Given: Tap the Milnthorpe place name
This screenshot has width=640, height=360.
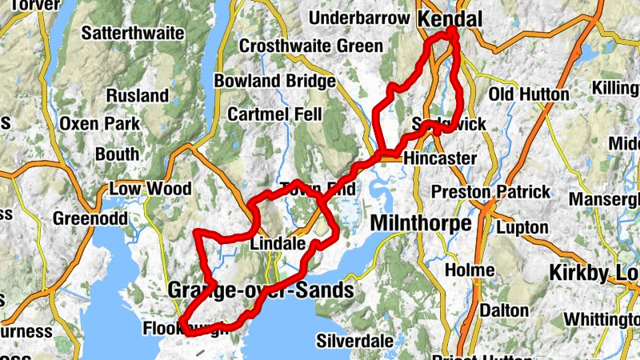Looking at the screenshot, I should point(421,223).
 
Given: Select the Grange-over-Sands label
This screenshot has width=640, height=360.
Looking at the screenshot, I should point(261,290).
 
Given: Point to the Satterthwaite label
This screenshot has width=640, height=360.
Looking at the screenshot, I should point(134,34).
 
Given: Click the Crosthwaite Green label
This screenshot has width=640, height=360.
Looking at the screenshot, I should point(311,46).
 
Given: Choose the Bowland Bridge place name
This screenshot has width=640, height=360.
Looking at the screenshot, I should point(274,81).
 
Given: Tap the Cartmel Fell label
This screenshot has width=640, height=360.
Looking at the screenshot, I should point(274,114).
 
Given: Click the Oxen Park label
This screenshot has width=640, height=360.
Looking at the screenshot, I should point(100,125).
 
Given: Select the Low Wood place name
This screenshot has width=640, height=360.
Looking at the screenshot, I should point(150,189).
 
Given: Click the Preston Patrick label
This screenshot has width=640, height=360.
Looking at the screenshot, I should point(491,192).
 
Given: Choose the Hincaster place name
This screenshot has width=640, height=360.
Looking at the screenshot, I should point(440,158).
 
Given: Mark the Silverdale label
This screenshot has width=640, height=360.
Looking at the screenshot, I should point(355,340).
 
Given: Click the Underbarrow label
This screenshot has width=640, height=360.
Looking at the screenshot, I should point(358,18).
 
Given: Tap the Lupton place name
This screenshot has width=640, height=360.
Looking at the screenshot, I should point(522,227).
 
